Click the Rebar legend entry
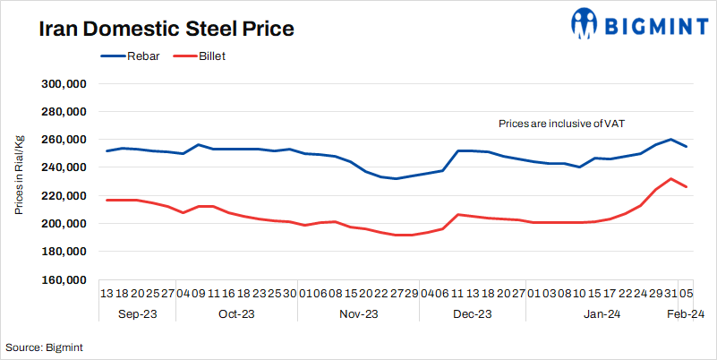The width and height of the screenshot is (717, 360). coord(144,56)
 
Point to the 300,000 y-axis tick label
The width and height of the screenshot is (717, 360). coord(63,83)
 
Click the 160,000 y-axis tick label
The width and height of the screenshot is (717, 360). coord(63,279)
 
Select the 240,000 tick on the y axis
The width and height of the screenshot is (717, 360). coord(63,167)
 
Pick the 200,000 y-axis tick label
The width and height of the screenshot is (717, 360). coord(63,223)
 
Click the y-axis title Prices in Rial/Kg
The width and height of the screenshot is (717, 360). coord(19,176)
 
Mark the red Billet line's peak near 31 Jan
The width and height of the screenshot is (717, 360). coord(671,179)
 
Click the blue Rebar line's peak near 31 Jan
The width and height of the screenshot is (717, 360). coord(671,140)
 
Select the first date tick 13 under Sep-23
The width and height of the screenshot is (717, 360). coord(107,292)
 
